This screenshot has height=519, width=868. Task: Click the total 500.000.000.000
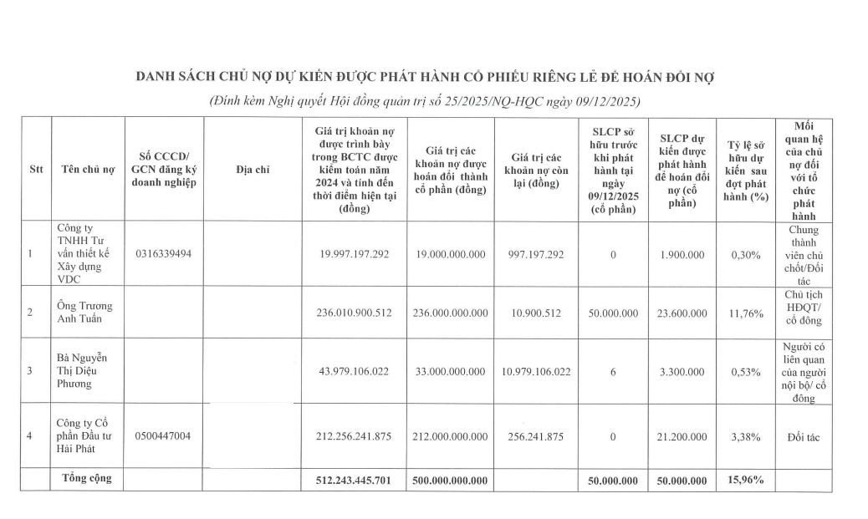[451, 480]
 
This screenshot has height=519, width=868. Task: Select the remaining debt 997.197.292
[536, 254]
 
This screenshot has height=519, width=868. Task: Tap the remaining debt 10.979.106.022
[536, 371]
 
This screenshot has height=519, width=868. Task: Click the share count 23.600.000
[682, 313]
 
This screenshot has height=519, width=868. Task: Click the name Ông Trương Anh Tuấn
[84, 312]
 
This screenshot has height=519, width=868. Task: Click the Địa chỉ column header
[253, 169]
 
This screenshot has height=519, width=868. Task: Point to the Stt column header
[36, 169]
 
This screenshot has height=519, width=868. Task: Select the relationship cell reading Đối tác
[803, 436]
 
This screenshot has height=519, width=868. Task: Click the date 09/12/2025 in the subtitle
[607, 102]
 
